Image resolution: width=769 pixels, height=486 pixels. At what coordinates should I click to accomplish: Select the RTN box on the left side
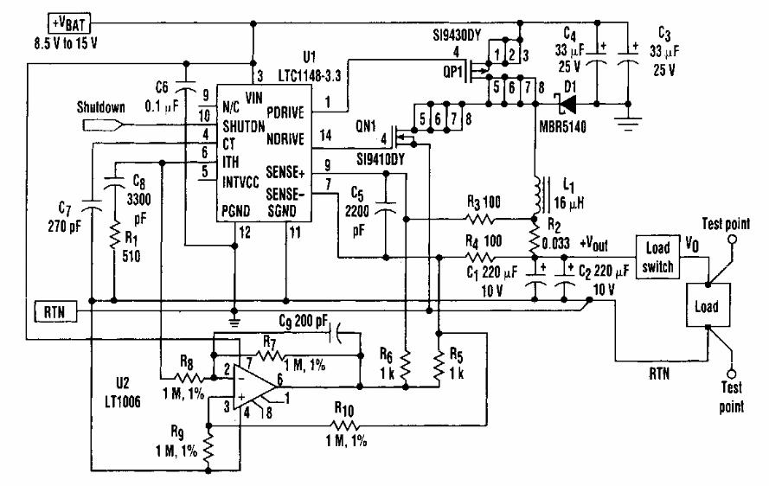click(48, 309)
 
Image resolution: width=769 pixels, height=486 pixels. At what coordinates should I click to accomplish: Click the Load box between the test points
click(707, 307)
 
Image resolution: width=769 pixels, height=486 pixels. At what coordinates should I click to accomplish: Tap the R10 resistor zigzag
click(347, 424)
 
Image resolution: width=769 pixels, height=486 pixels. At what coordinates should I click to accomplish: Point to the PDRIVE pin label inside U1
click(284, 112)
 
